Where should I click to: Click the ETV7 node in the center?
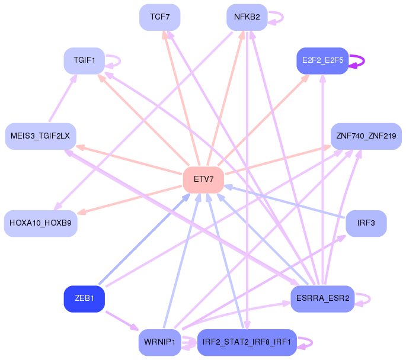coord(203,180)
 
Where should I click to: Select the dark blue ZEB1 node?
coord(84,298)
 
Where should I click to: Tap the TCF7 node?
coord(160,17)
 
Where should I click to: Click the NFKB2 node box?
coord(247,17)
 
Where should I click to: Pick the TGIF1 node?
coord(84,60)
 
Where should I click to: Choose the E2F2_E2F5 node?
coord(322,60)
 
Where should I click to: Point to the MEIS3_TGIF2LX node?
coord(41,136)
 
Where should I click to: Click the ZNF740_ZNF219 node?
coord(366,136)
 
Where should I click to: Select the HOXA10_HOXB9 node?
coord(41,223)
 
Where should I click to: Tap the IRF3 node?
coord(366,223)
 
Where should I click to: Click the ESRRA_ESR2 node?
coord(322,298)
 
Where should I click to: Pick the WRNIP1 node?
coord(160,342)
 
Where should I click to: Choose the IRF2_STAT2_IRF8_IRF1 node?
coord(247,342)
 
